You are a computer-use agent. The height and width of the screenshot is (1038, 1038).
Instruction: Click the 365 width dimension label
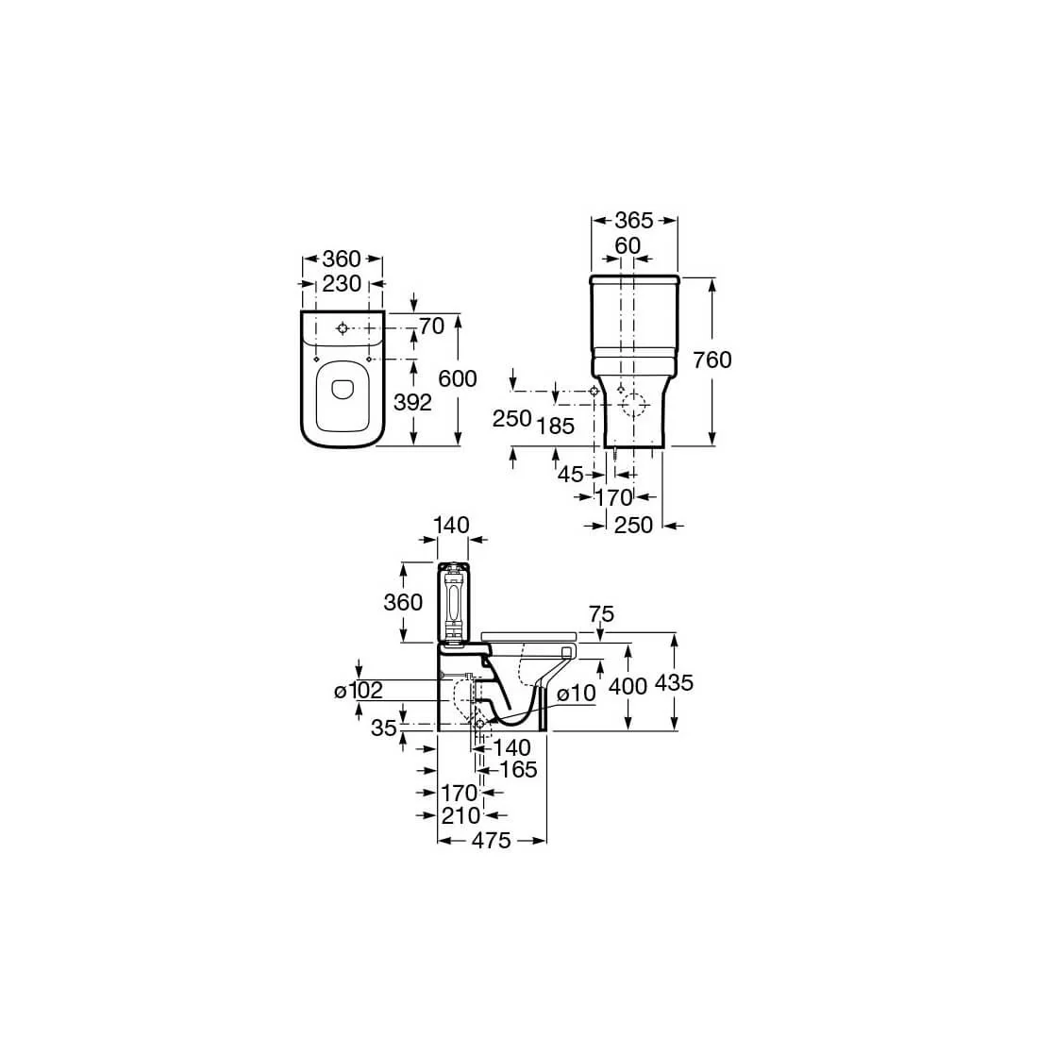click(633, 221)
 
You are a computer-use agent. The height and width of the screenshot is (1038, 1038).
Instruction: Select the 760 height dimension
click(712, 360)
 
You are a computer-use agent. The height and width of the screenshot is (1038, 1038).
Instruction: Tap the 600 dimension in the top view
click(458, 378)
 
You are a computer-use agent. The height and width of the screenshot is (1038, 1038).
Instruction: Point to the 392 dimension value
click(412, 403)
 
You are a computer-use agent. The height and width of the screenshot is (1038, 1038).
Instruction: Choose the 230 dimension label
click(342, 284)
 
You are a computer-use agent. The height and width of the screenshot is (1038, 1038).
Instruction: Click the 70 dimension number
click(432, 326)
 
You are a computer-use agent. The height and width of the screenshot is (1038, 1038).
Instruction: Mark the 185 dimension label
click(556, 427)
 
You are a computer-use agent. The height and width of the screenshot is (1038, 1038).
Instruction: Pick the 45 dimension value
click(571, 475)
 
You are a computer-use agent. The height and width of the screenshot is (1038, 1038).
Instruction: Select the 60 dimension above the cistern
click(628, 245)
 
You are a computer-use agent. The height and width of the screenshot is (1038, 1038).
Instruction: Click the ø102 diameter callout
click(359, 691)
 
